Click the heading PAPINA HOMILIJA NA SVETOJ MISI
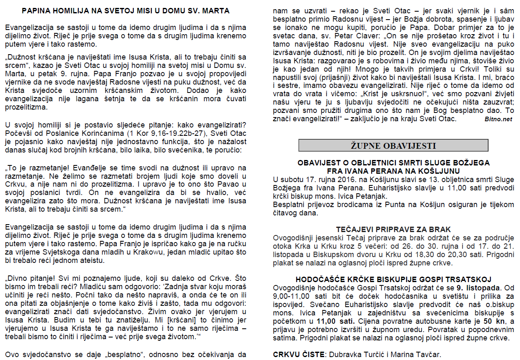125,11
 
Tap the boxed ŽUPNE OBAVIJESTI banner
393,145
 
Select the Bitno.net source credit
498,119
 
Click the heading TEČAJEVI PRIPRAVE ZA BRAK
393,230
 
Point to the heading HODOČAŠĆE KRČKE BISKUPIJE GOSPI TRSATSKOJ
393,279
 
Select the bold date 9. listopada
466,287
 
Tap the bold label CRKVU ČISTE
299,355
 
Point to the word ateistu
95,261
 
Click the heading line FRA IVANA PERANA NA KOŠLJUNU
393,171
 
